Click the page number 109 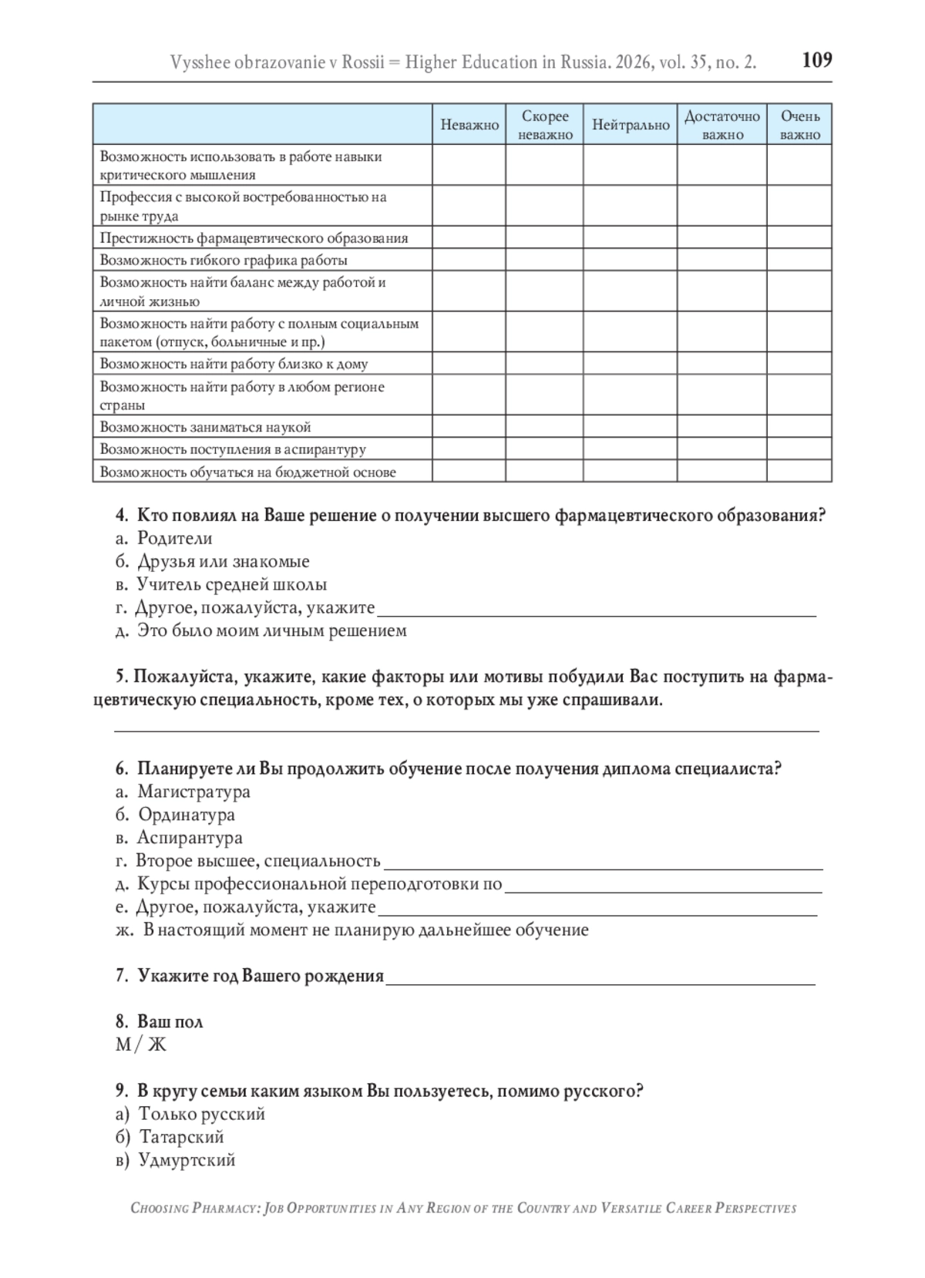(817, 60)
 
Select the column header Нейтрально (630, 125)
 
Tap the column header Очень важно (799, 125)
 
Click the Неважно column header (469, 125)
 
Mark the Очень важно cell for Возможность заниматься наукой (799, 426)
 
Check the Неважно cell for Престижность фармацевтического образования (469, 237)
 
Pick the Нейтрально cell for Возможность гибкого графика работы (630, 260)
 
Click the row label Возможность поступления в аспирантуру (233, 449)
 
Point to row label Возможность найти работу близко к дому (234, 364)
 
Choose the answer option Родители (174, 538)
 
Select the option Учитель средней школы (231, 584)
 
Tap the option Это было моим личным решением (271, 631)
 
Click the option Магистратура (193, 792)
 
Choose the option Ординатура (187, 815)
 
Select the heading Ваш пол (170, 1022)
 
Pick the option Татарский (181, 1137)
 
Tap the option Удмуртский (187, 1160)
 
